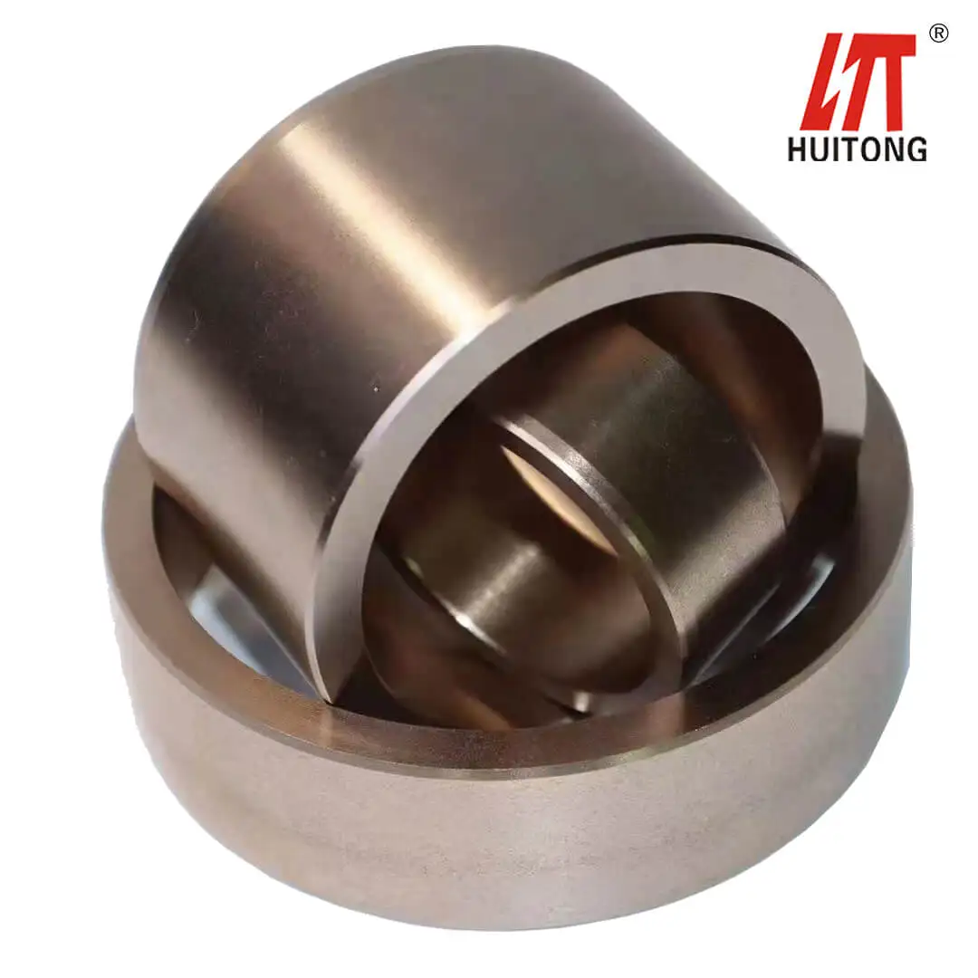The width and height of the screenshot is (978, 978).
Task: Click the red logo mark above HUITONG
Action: coord(857,81)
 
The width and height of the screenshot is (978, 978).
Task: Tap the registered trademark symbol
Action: coord(939,34)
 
